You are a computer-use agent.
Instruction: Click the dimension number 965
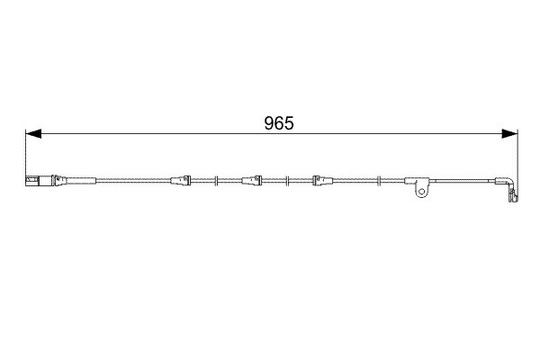[278, 124]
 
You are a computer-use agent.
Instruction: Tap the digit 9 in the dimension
[268, 124]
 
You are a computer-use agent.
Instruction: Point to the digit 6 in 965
[278, 124]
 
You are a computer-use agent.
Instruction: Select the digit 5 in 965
[289, 124]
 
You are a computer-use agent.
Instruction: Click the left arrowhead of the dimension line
[32, 134]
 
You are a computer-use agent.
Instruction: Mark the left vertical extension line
[25, 153]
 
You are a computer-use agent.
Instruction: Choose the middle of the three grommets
[251, 180]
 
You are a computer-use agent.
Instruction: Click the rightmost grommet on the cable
[319, 180]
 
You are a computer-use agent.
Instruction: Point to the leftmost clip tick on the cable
[217, 180]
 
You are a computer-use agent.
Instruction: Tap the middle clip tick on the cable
[285, 180]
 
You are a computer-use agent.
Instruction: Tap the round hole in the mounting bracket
[420, 192]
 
